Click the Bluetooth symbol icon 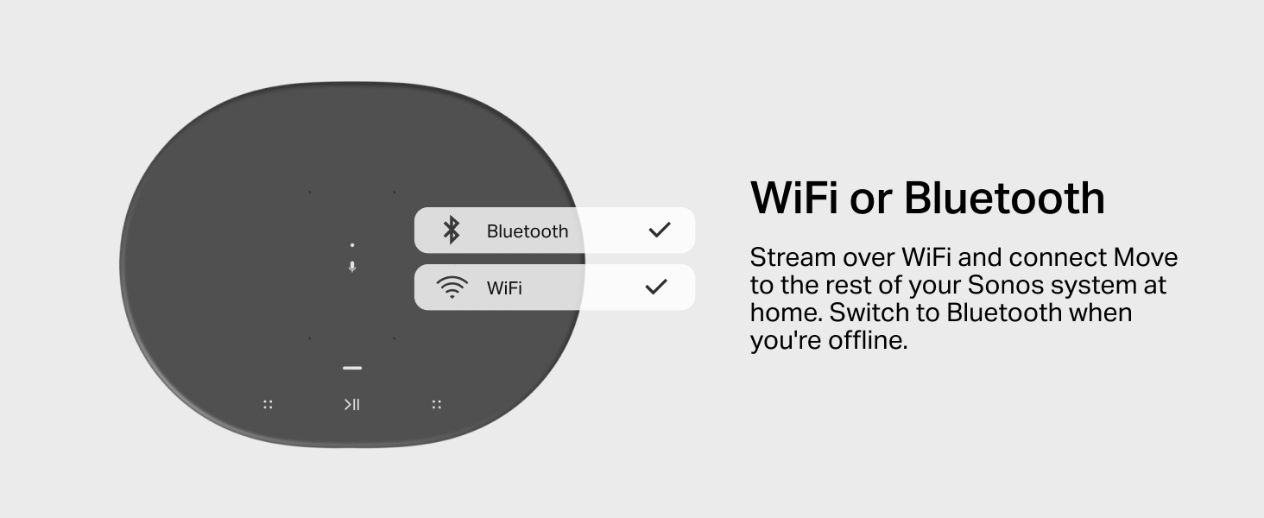[452, 231]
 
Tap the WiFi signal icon [452, 287]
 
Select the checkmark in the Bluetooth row [659, 230]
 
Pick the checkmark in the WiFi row [656, 287]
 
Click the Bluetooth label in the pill [527, 231]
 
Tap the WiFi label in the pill [504, 288]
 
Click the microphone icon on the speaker [352, 267]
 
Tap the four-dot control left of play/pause [268, 404]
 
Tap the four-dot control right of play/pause [437, 404]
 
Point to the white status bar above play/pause [352, 368]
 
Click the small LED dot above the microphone [352, 245]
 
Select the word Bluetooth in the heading [1004, 198]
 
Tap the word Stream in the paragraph [793, 257]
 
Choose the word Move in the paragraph [1146, 257]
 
